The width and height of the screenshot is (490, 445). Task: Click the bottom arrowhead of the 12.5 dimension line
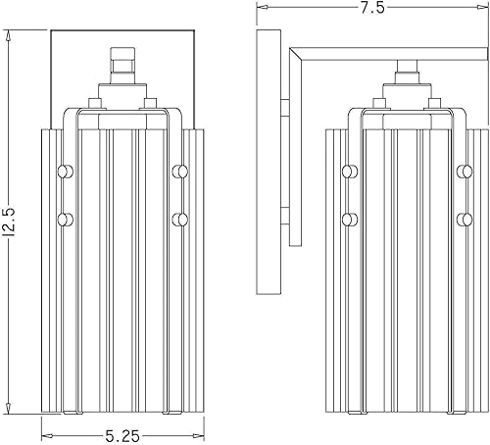pos(10,409)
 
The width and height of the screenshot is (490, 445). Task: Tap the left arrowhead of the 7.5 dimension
pos(259,9)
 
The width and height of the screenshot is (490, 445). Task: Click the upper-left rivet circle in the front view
pos(66,172)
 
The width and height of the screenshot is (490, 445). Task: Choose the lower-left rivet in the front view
pos(66,218)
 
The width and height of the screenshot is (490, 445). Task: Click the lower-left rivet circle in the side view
pos(349,218)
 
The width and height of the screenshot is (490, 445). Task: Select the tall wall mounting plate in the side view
pos(266,162)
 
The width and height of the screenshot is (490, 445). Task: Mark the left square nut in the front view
pos(94,101)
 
